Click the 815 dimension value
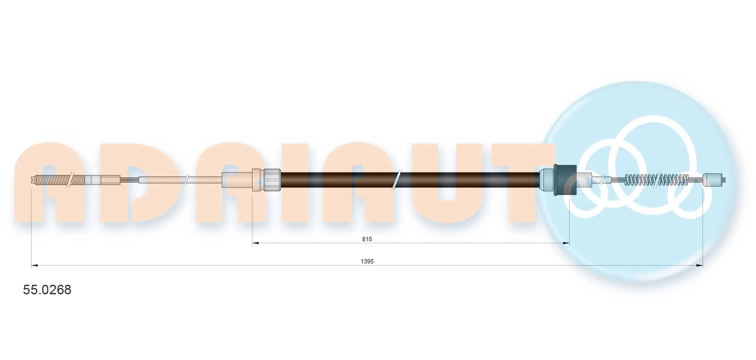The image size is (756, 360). click(x=367, y=239)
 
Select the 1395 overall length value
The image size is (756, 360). click(x=367, y=261)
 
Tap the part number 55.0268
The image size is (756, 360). click(x=47, y=290)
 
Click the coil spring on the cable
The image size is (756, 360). click(x=656, y=180)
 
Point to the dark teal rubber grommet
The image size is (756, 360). click(x=565, y=180)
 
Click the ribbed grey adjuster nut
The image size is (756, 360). click(x=272, y=180)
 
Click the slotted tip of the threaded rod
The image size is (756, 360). click(x=35, y=180)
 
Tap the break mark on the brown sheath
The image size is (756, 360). click(x=397, y=180)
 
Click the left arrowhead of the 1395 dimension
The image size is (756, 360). click(x=34, y=265)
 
